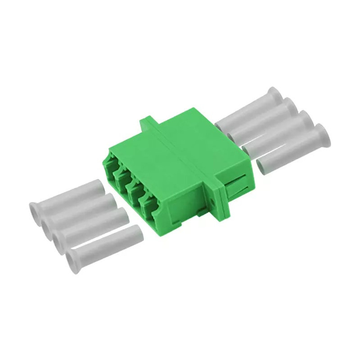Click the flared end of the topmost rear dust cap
pyautogui.click(x=274, y=95)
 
